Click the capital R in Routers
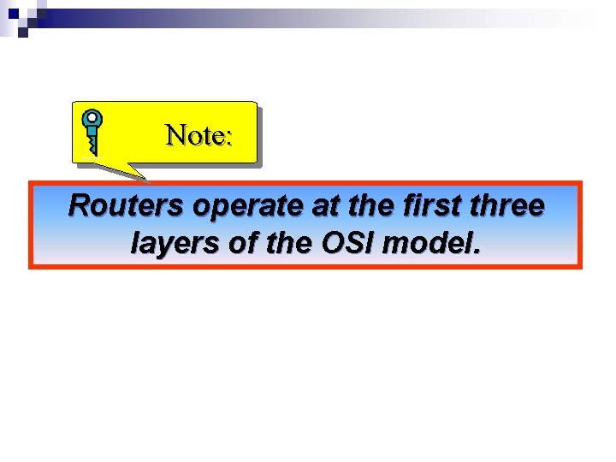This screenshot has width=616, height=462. (79, 206)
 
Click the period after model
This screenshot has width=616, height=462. (477, 252)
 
